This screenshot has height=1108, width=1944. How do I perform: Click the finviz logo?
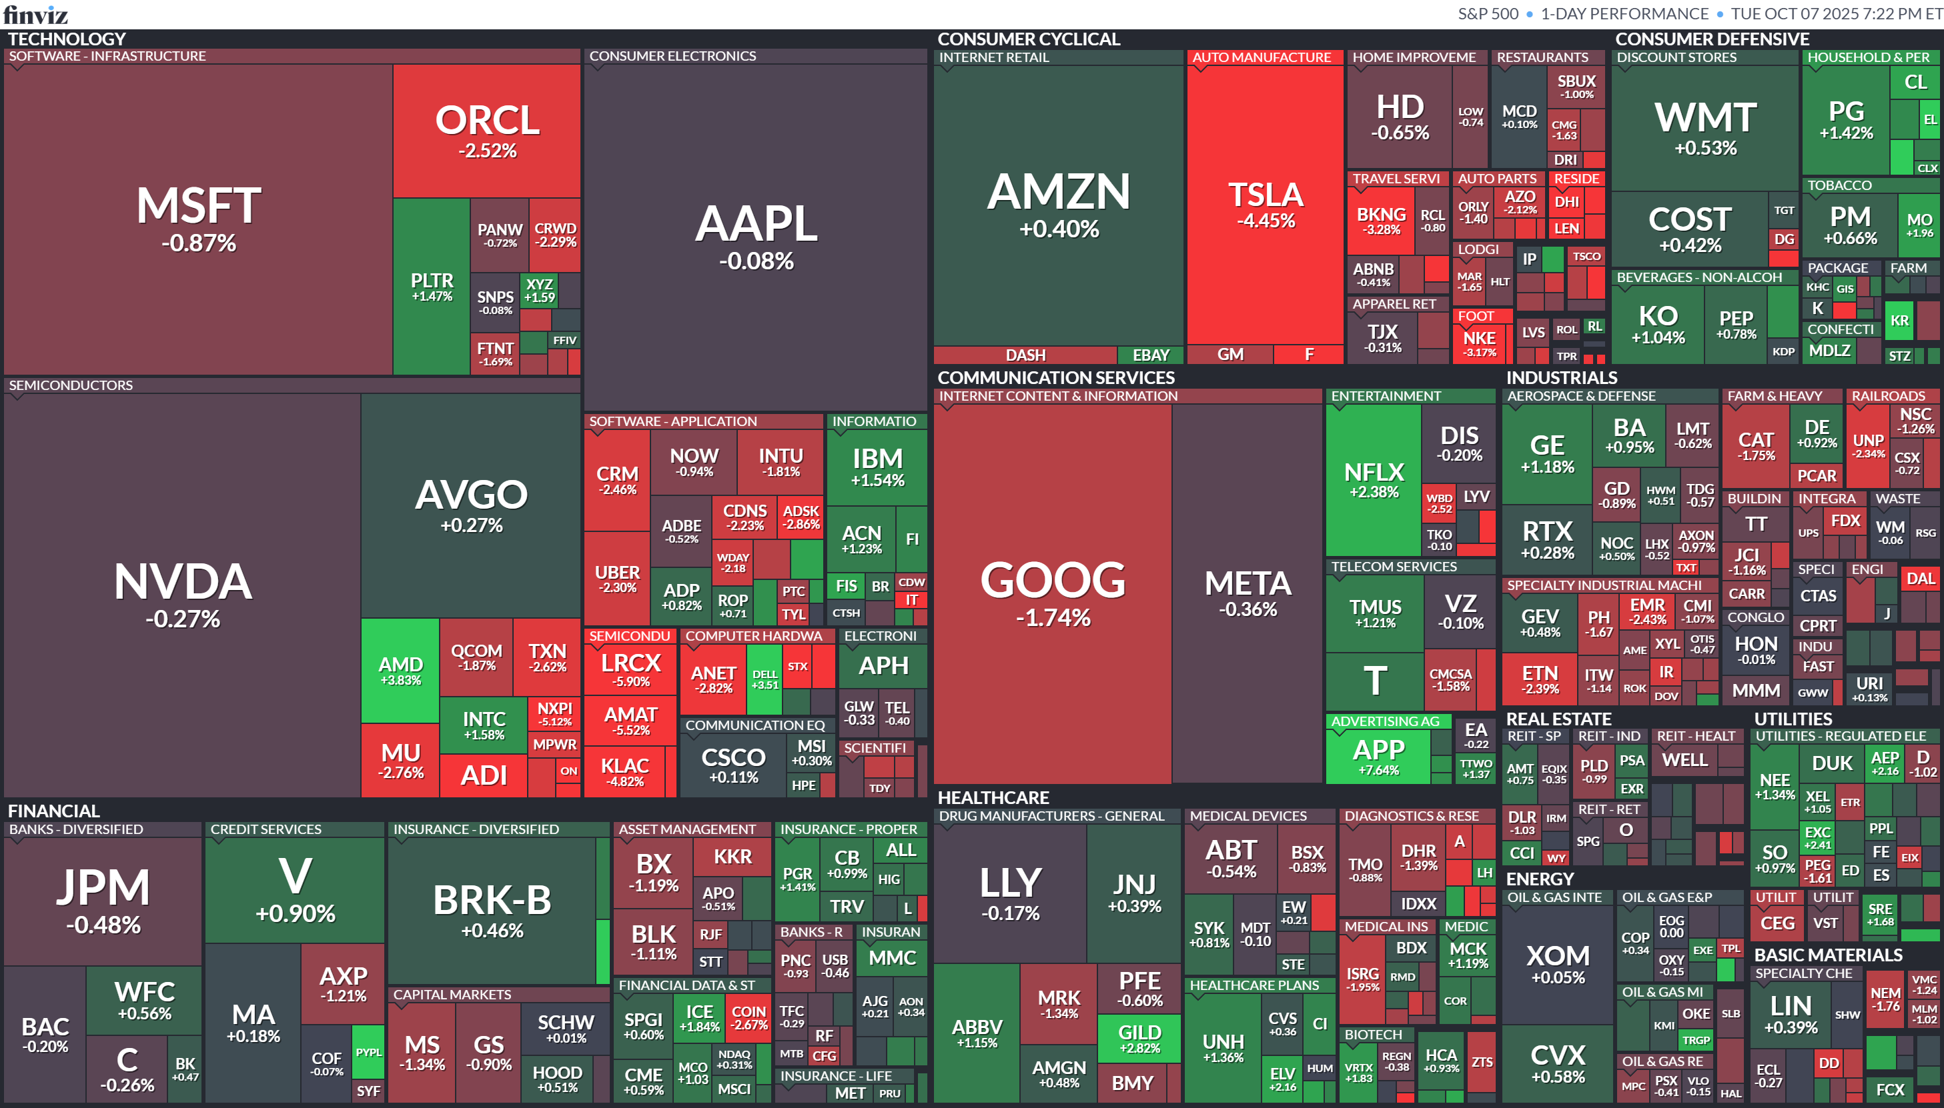[x=36, y=14]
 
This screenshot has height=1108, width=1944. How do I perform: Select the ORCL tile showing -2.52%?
[x=486, y=130]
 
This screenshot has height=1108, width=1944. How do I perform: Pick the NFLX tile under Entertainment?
[x=1374, y=479]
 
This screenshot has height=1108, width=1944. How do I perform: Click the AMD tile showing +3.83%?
[x=400, y=670]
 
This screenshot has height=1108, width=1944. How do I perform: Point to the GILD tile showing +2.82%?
[x=1139, y=1038]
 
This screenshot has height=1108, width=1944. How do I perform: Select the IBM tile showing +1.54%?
[x=877, y=467]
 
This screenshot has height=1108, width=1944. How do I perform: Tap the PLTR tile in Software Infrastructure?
[x=432, y=286]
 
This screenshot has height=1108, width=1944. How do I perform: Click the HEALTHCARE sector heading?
[x=993, y=797]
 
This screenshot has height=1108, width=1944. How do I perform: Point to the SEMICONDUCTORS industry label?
[x=71, y=385]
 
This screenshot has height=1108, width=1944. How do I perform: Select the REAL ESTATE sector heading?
[x=1558, y=719]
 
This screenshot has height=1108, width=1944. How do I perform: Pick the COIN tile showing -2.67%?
[x=749, y=1017]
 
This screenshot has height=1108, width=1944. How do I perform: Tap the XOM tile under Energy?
[x=1558, y=963]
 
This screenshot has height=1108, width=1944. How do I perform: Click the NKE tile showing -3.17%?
[x=1479, y=343]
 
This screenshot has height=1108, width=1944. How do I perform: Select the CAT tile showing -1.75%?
[x=1756, y=446]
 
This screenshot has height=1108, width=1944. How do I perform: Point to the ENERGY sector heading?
[x=1539, y=879]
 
